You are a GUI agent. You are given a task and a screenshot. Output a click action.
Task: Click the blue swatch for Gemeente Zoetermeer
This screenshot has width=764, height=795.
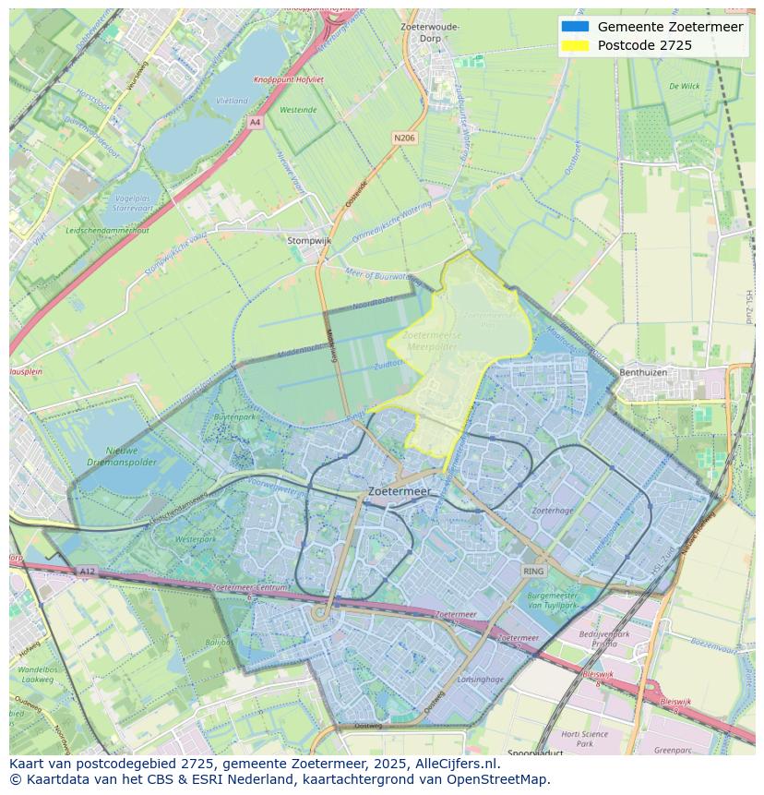pyautogui.click(x=575, y=27)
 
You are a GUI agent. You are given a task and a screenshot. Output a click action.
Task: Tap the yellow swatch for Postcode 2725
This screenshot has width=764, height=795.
pyautogui.click(x=575, y=45)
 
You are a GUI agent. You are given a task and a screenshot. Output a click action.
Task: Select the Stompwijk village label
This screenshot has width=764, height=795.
pyautogui.click(x=309, y=240)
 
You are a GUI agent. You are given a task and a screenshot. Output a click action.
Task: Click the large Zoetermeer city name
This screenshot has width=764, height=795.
pyautogui.click(x=399, y=492)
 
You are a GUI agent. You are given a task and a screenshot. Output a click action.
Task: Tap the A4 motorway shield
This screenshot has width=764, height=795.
pyautogui.click(x=255, y=122)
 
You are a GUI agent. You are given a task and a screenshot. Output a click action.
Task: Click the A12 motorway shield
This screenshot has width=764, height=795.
pyautogui.click(x=87, y=572)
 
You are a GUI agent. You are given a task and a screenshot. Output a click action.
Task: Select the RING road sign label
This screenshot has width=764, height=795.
pyautogui.click(x=533, y=572)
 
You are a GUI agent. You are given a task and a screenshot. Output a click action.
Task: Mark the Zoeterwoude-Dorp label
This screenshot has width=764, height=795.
pyautogui.click(x=430, y=33)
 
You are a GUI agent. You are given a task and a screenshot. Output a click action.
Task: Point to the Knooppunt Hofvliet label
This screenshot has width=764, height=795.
pyautogui.click(x=288, y=80)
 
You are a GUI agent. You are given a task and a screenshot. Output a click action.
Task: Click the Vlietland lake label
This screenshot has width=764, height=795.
pyautogui.click(x=231, y=101)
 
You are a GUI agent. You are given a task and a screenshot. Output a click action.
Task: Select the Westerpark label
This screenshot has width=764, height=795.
pyautogui.click(x=195, y=538)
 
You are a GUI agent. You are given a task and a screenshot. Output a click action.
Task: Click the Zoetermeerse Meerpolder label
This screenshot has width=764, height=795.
pyautogui.click(x=431, y=342)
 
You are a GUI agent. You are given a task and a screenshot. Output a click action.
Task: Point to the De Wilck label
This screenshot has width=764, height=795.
pyautogui.click(x=684, y=86)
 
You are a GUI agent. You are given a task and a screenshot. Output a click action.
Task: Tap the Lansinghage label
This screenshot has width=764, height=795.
pyautogui.click(x=481, y=680)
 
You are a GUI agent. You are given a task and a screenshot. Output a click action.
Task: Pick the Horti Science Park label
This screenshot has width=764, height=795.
pyautogui.click(x=584, y=739)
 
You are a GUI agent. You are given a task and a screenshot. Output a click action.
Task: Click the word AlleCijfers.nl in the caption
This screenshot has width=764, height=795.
pyautogui.click(x=453, y=764)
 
